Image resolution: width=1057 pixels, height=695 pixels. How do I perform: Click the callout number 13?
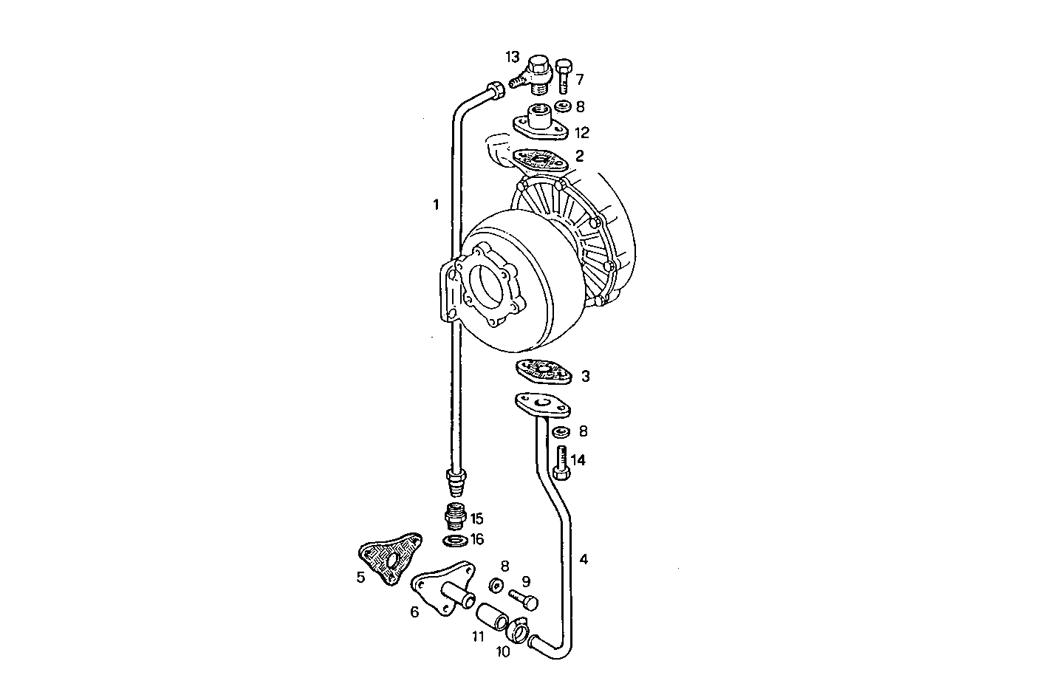(x=513, y=57)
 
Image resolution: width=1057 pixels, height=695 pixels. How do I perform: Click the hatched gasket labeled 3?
(x=544, y=371)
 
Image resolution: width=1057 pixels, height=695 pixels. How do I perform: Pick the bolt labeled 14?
(x=560, y=464)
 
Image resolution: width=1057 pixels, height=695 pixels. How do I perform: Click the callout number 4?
(x=584, y=560)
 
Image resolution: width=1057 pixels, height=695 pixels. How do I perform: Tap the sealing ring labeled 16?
(x=454, y=541)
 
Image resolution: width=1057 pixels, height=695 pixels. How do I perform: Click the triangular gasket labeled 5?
(x=389, y=553)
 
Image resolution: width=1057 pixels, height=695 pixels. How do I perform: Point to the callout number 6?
(x=414, y=612)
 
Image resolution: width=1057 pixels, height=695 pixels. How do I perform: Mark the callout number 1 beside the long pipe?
(x=436, y=205)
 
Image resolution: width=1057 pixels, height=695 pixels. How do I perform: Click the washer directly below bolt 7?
(x=563, y=106)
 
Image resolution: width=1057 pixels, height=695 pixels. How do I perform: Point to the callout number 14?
(x=578, y=460)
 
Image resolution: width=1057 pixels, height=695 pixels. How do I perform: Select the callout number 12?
(x=582, y=133)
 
